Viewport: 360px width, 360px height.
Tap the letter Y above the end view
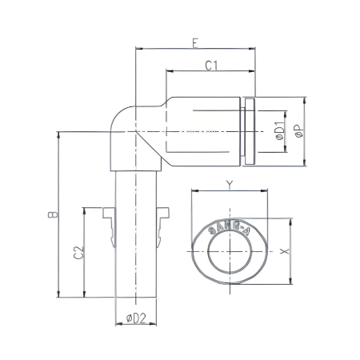tap(229, 185)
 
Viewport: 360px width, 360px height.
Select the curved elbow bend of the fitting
tap(124, 128)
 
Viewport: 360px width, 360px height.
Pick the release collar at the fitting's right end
tap(251, 132)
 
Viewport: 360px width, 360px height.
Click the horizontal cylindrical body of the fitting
tap(200, 132)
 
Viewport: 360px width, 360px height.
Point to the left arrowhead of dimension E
tap(139, 49)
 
